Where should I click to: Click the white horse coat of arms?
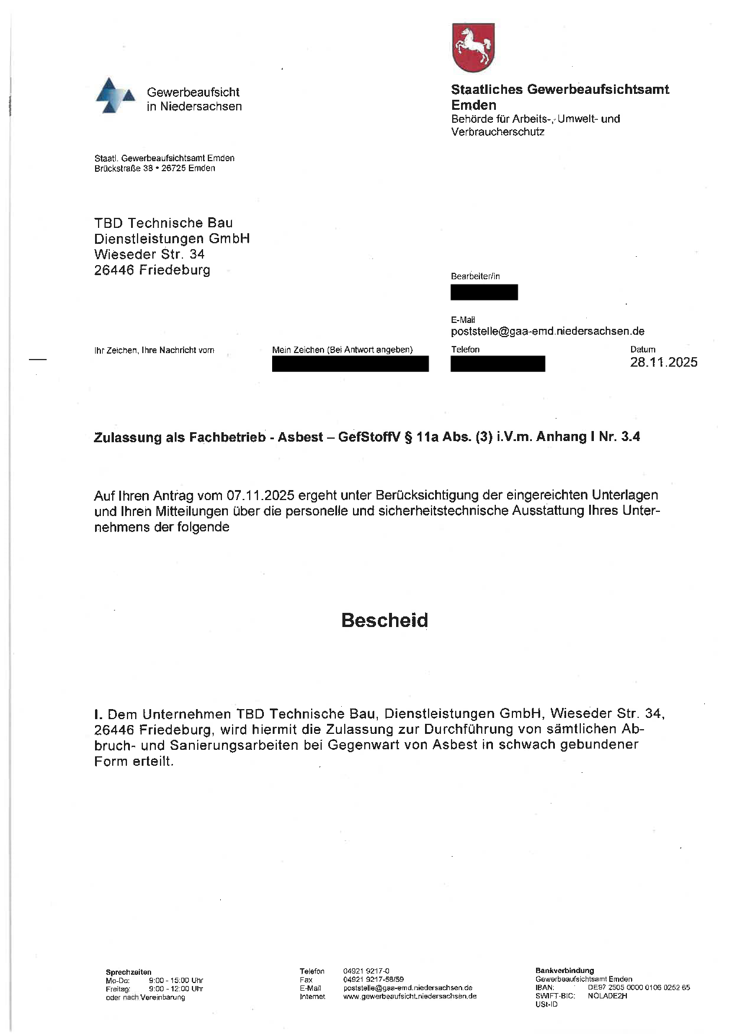(x=473, y=47)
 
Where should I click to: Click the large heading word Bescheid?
(x=384, y=620)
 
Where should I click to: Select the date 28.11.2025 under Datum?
(x=664, y=362)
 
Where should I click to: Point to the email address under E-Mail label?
(x=547, y=331)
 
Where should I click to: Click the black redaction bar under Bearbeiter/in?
(x=484, y=292)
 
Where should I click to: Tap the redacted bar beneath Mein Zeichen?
(x=350, y=364)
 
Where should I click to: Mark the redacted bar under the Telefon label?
(x=498, y=364)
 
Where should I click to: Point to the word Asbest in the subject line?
(x=300, y=437)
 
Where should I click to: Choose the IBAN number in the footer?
(x=639, y=987)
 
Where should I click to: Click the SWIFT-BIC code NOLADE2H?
(x=607, y=995)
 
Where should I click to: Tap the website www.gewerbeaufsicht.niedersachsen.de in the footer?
(x=410, y=996)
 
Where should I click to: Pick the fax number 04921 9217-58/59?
(x=373, y=979)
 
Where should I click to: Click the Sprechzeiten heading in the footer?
(x=129, y=972)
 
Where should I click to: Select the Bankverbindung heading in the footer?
(x=564, y=970)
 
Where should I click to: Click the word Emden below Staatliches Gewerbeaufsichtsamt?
(x=473, y=105)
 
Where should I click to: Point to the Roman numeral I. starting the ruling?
(x=98, y=714)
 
